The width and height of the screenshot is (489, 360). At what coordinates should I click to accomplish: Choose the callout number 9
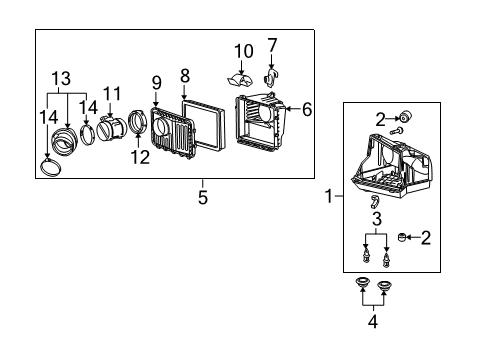(x=156, y=81)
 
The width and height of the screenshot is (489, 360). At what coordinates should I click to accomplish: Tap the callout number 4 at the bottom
(x=374, y=322)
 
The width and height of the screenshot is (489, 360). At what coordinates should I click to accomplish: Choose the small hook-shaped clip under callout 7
(x=272, y=77)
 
